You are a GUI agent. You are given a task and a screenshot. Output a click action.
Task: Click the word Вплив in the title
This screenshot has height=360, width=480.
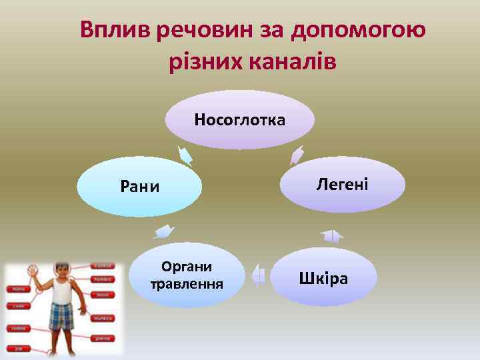coord(115,30)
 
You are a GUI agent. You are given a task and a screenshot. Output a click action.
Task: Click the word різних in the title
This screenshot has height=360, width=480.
coord(200,62)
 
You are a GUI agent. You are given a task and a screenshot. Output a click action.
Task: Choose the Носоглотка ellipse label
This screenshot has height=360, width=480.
coord(240,120)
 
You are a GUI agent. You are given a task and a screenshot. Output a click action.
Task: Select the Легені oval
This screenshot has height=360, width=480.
coord(342,184)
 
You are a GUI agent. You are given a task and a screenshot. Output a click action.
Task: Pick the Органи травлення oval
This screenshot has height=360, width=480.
coord(187,275)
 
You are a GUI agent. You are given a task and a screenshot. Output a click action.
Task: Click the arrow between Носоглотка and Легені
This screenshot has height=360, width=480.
coord(297,155)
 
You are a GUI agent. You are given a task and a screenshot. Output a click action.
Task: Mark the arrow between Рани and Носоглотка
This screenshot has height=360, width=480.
coord(185,155)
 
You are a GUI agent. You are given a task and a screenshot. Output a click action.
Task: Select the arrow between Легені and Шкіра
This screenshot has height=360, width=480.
coord(331,235)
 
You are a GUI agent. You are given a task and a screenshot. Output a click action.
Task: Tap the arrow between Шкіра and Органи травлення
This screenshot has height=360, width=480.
coord(259,275)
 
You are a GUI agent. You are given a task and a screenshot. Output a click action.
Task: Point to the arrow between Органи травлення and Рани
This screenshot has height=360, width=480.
coord(164,231)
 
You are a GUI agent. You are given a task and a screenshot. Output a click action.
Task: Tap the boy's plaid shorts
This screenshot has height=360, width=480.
coord(61,315)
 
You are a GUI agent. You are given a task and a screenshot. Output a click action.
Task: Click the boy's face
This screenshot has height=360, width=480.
coord(61,271)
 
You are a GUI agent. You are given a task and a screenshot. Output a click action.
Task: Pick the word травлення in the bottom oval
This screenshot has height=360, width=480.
coord(187,284)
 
